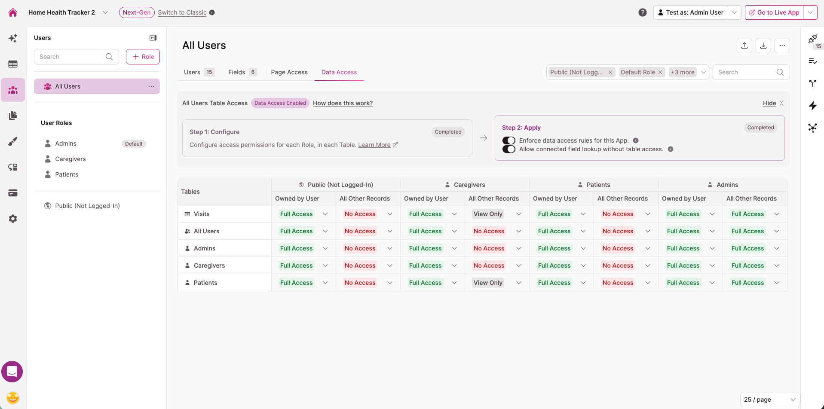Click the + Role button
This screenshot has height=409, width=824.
[x=143, y=57]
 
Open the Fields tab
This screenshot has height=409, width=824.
[x=242, y=72]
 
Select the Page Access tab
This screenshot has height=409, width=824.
[x=289, y=72]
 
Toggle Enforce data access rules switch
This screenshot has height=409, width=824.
[x=509, y=140]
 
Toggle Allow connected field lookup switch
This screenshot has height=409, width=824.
[x=509, y=149]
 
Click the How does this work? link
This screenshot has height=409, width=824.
[x=343, y=103]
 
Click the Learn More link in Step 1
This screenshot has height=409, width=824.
[x=374, y=145]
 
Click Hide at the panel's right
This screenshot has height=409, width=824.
[x=769, y=103]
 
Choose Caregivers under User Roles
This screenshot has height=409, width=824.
[x=70, y=159]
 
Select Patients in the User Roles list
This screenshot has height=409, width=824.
[x=67, y=174]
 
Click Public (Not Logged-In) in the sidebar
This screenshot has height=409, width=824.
[x=87, y=206]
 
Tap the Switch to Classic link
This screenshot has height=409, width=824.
[x=182, y=12]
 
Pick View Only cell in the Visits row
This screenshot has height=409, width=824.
[x=488, y=214]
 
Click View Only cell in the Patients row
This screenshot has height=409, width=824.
[x=488, y=283]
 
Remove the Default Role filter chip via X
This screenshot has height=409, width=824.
[x=660, y=72]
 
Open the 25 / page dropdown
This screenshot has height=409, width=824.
[x=770, y=400]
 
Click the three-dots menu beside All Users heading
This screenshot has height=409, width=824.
[x=782, y=46]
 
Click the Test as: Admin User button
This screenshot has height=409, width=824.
[x=690, y=12]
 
